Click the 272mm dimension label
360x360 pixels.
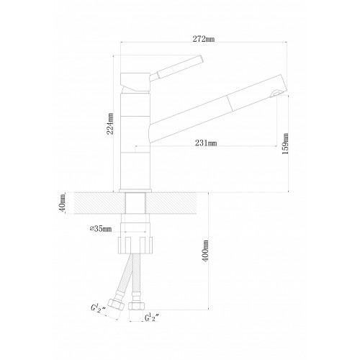[204, 39]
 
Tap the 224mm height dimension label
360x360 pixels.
[110, 124]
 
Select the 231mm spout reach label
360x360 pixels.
[206, 143]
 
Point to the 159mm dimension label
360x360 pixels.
[285, 143]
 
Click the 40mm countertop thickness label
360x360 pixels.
[62, 203]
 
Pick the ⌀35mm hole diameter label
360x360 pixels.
[101, 229]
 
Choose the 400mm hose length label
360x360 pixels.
[206, 251]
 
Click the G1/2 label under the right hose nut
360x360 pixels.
[152, 318]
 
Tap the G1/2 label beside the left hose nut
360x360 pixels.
[98, 310]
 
